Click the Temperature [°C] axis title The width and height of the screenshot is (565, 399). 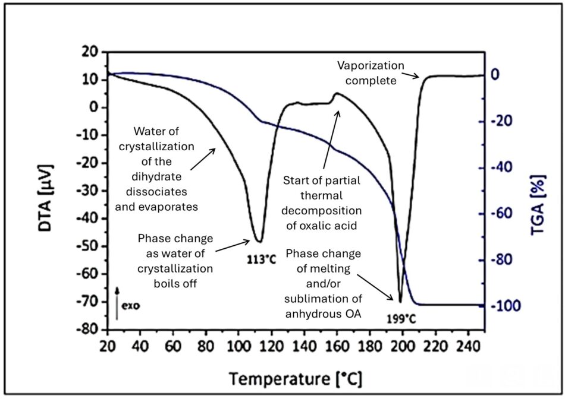pos(296,378)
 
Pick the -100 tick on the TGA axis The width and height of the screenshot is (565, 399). pos(503,306)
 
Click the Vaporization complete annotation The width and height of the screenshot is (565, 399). pos(371,72)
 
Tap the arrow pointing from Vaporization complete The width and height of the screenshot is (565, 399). pos(412,76)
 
